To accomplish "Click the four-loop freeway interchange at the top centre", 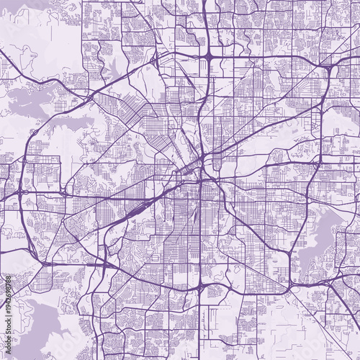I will (207, 55).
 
